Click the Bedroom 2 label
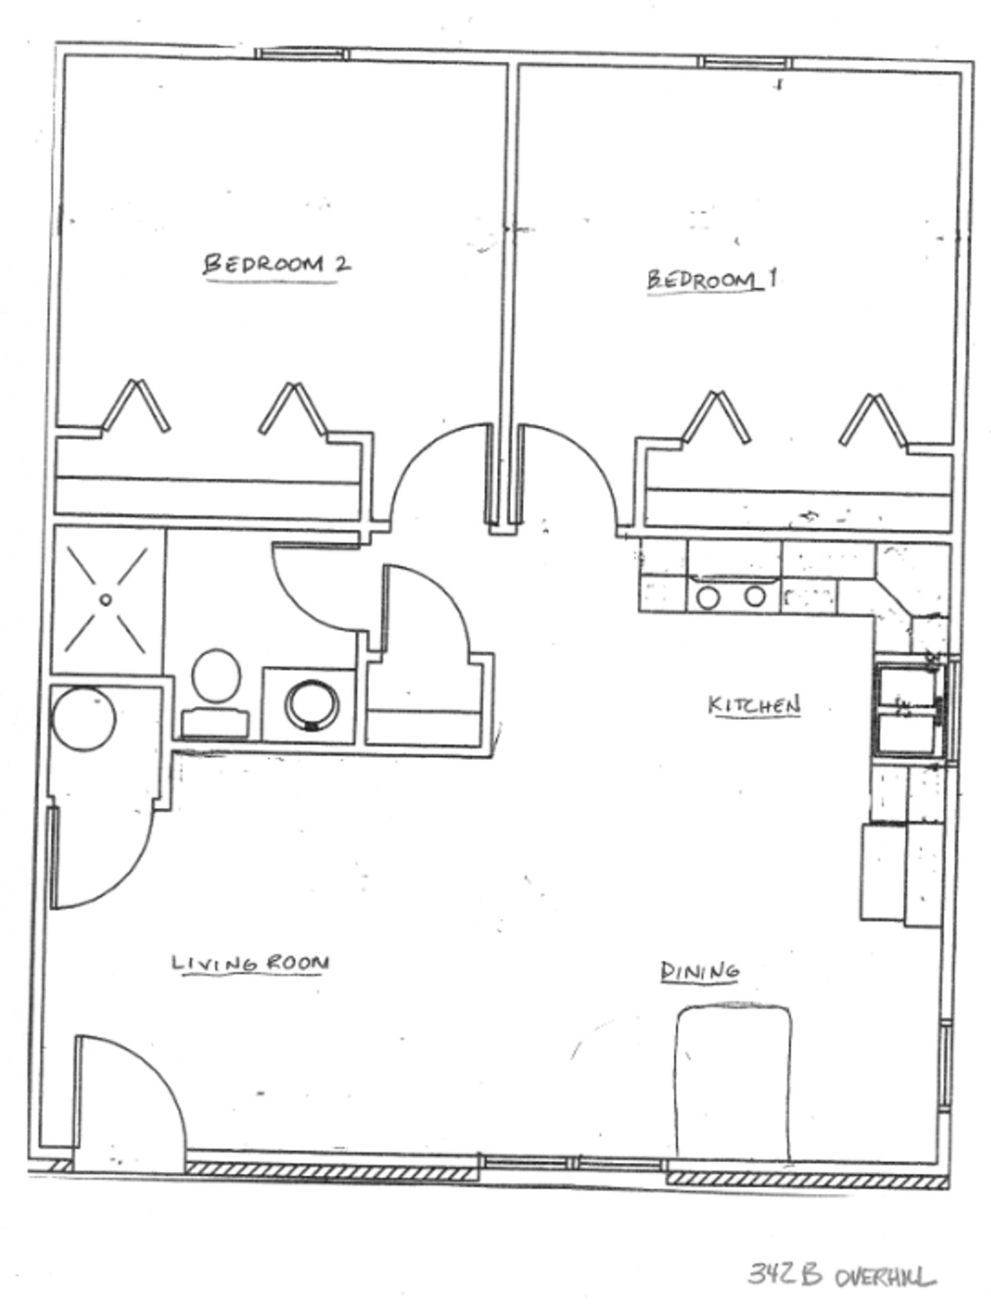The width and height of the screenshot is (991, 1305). click(x=277, y=264)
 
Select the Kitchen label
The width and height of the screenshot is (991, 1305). click(x=753, y=705)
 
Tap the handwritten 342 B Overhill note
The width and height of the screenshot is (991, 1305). click(x=841, y=1274)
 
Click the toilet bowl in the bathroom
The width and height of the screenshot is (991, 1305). click(x=216, y=676)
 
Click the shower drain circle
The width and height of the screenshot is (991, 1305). click(x=105, y=599)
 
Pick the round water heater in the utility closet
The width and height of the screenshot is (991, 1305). click(x=84, y=719)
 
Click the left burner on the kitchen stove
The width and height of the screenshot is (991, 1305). click(x=708, y=597)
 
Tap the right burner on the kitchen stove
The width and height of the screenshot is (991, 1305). click(x=754, y=597)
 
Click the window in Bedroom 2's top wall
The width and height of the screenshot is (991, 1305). click(x=301, y=54)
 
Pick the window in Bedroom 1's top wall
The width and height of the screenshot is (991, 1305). click(x=745, y=63)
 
